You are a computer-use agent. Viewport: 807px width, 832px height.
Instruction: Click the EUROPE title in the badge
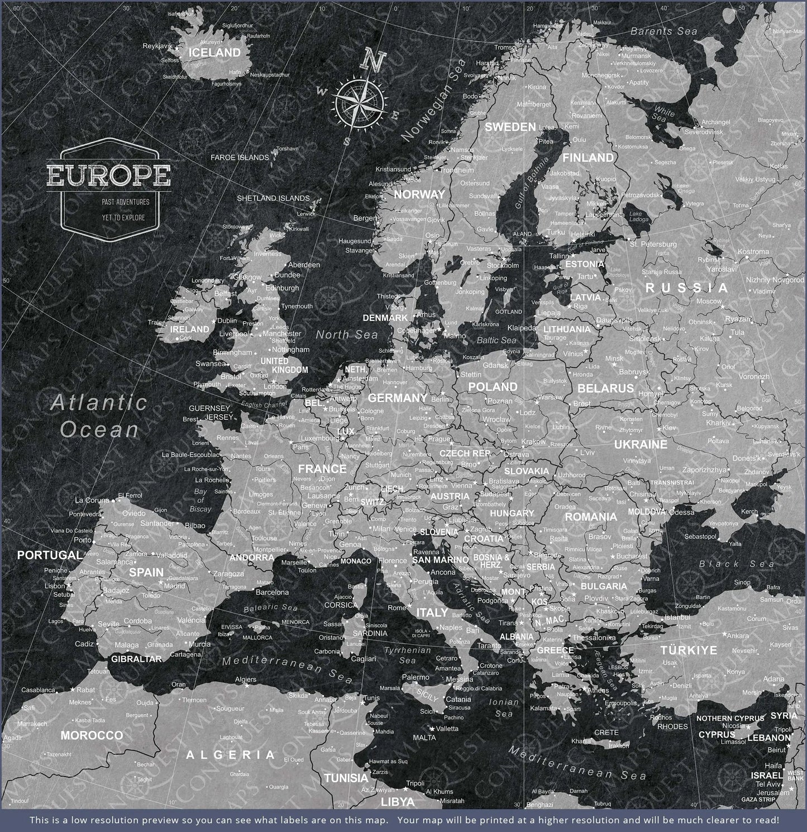coord(109,175)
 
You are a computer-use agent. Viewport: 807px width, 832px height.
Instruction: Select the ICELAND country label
coord(214,53)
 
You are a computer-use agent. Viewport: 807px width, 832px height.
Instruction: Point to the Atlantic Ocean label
coord(99,415)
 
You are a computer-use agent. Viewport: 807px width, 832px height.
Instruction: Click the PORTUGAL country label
coord(49,555)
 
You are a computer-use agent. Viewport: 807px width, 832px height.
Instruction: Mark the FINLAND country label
coord(588,158)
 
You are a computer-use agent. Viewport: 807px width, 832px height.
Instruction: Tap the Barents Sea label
coord(663,32)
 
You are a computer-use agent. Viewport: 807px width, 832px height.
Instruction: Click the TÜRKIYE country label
coord(688,651)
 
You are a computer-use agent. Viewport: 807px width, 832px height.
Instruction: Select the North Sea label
coord(346,334)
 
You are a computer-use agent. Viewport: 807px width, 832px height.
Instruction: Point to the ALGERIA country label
coord(231,756)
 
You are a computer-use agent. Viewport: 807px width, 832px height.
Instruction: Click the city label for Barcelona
coord(272,592)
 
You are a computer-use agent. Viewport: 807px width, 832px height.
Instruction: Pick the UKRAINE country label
coord(641,444)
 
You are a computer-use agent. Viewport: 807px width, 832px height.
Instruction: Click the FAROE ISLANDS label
coord(240,157)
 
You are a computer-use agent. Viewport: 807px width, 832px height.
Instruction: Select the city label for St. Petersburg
coord(653,244)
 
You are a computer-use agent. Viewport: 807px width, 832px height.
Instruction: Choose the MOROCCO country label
coord(92,735)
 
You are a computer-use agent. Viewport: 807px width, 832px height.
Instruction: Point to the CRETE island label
coord(606,733)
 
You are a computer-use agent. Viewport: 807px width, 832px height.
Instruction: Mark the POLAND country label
coord(493,387)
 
